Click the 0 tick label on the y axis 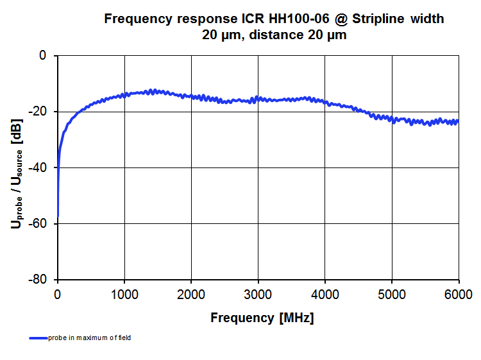pyautogui.click(x=42, y=56)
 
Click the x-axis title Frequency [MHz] pyautogui.click(x=262, y=318)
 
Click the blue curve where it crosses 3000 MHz pyautogui.click(x=258, y=98)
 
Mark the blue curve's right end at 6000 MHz pyautogui.click(x=458, y=121)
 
